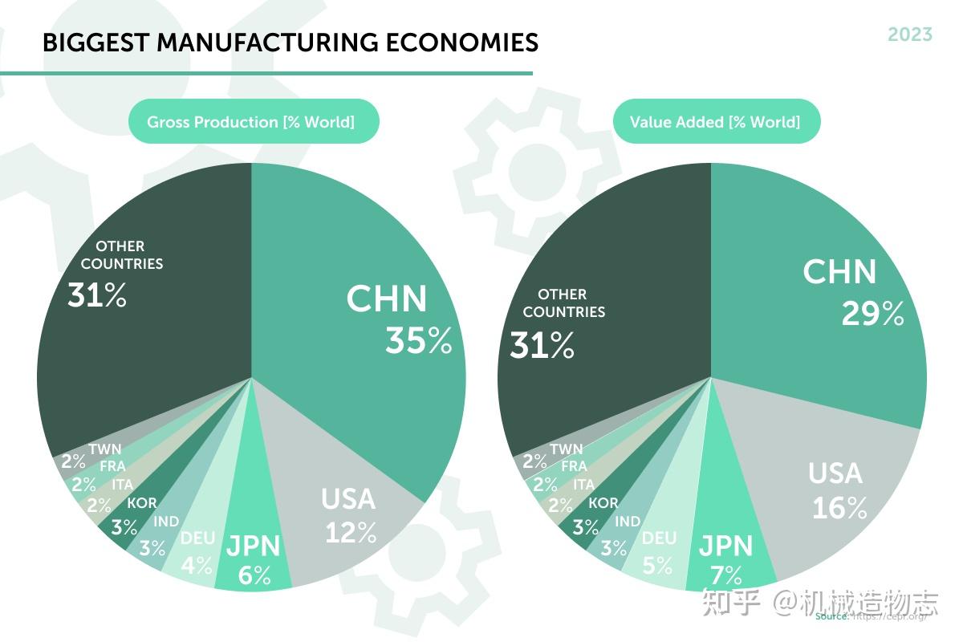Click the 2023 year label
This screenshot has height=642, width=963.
point(909,35)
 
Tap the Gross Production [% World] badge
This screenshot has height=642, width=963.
point(250,122)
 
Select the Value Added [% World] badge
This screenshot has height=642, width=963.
point(715,122)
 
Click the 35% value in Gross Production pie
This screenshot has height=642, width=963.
point(418,340)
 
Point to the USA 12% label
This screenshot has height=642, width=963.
point(349,514)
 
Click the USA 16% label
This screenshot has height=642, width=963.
point(838,490)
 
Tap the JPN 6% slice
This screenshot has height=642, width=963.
point(254,560)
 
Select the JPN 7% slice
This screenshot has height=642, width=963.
point(726,559)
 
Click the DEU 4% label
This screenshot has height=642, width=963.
point(197,551)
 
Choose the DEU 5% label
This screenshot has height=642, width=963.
point(659,551)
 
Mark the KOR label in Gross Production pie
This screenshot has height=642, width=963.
point(142,504)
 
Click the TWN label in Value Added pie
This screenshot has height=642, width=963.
point(566,449)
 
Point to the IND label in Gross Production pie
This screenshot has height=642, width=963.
point(166,522)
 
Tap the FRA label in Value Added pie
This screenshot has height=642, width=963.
point(574,466)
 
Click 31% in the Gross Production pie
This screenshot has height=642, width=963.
point(97,295)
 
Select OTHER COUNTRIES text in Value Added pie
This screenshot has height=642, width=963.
point(563,303)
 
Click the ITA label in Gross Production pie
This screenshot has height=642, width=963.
point(123,485)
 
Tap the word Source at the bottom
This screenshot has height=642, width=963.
point(831,616)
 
